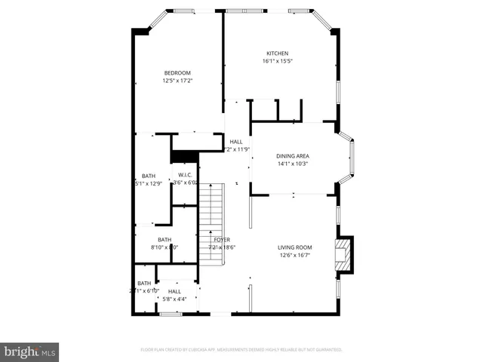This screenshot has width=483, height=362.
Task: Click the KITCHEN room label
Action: click(x=277, y=53)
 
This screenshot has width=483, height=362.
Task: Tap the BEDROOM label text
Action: click(x=177, y=72)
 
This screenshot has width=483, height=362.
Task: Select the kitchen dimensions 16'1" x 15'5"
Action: click(x=277, y=61)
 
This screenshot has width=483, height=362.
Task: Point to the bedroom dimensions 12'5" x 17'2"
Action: click(x=177, y=81)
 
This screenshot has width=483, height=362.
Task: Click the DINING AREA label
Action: click(x=294, y=156)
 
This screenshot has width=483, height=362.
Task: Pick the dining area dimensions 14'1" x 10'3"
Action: click(x=294, y=164)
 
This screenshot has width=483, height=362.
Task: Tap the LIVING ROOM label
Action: click(x=295, y=247)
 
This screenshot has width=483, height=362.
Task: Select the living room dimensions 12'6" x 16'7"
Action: click(x=295, y=255)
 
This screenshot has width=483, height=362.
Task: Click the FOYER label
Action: click(x=222, y=239)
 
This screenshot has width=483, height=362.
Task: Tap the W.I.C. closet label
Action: click(x=186, y=174)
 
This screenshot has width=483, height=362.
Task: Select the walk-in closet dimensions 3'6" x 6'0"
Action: click(x=186, y=183)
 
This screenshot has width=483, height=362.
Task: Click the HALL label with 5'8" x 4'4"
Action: click(x=174, y=291)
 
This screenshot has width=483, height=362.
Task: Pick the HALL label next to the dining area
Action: click(x=236, y=141)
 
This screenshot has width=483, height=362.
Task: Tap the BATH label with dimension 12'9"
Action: click(x=148, y=176)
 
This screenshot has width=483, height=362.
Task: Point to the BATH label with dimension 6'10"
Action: click(x=143, y=283)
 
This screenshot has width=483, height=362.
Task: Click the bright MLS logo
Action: click(x=30, y=351)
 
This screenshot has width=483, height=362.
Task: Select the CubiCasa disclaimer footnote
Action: click(x=241, y=350)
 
